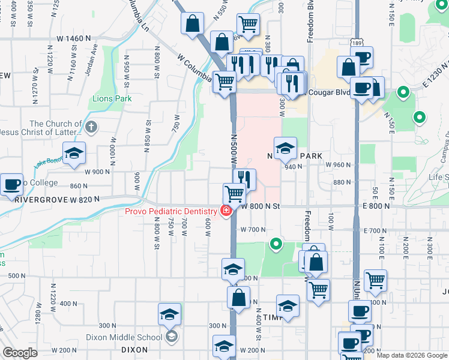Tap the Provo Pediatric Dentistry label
(170, 211)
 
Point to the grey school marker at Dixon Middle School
(172, 336)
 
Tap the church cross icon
(91, 127)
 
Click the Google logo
(20, 353)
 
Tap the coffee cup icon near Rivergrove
(12, 184)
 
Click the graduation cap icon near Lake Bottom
(74, 154)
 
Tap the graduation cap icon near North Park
(285, 147)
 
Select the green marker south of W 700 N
(276, 244)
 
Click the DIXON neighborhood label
(134, 349)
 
